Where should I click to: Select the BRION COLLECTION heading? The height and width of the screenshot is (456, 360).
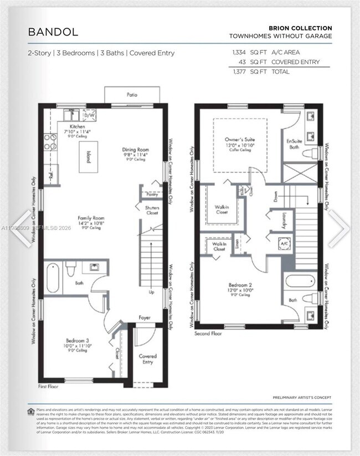pos(300,28)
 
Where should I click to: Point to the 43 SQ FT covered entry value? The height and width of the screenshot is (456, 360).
pos(243,62)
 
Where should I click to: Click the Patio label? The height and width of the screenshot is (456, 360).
pos(132,95)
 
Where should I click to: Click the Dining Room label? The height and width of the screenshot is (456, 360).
pos(135,149)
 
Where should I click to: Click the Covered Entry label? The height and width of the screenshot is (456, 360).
pos(147,359)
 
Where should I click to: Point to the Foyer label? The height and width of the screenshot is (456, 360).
pos(145,318)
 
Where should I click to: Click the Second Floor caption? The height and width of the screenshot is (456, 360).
pos(208,334)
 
